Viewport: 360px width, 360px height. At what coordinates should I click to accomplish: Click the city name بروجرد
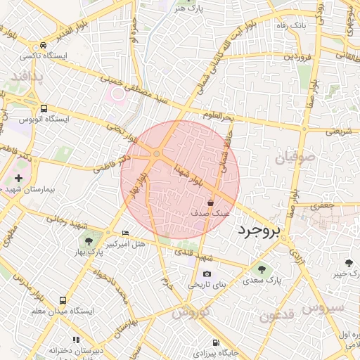[259, 230]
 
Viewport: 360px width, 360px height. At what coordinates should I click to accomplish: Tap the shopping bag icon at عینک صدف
[210, 202]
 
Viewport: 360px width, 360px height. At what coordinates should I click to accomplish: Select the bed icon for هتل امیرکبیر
[126, 233]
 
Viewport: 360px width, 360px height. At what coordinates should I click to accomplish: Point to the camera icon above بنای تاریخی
[207, 274]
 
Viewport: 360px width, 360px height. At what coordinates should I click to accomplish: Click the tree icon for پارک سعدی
[262, 269]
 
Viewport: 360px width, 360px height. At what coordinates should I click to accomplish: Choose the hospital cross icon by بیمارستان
[18, 179]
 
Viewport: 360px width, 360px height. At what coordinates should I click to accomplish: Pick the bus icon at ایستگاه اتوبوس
[44, 109]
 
